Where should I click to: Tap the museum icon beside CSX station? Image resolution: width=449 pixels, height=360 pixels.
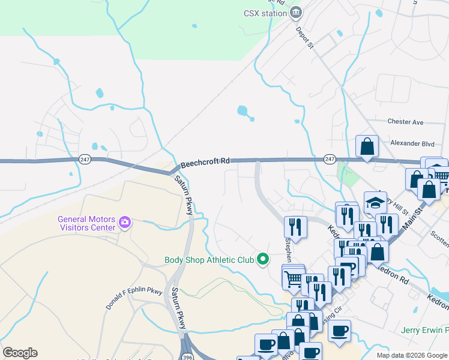295,12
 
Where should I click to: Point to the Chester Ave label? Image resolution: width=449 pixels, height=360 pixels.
405,122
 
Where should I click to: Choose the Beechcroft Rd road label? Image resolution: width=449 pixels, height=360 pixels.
205,161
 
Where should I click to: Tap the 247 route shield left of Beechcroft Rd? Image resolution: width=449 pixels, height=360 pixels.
84,158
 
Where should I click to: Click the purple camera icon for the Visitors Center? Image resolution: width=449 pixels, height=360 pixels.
125,223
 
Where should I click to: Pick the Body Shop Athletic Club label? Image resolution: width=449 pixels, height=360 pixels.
209,260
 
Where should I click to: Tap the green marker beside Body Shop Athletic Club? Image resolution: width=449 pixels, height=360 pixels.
262,259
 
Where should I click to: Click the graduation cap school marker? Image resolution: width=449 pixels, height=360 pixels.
375,202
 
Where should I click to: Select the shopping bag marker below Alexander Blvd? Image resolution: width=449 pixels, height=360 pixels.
367,146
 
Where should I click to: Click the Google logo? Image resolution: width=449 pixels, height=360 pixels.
20,353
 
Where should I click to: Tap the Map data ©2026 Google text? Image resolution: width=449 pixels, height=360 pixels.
412,355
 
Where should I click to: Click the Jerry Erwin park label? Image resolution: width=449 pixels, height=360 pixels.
427,331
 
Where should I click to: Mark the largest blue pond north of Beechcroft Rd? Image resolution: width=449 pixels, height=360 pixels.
242,110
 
